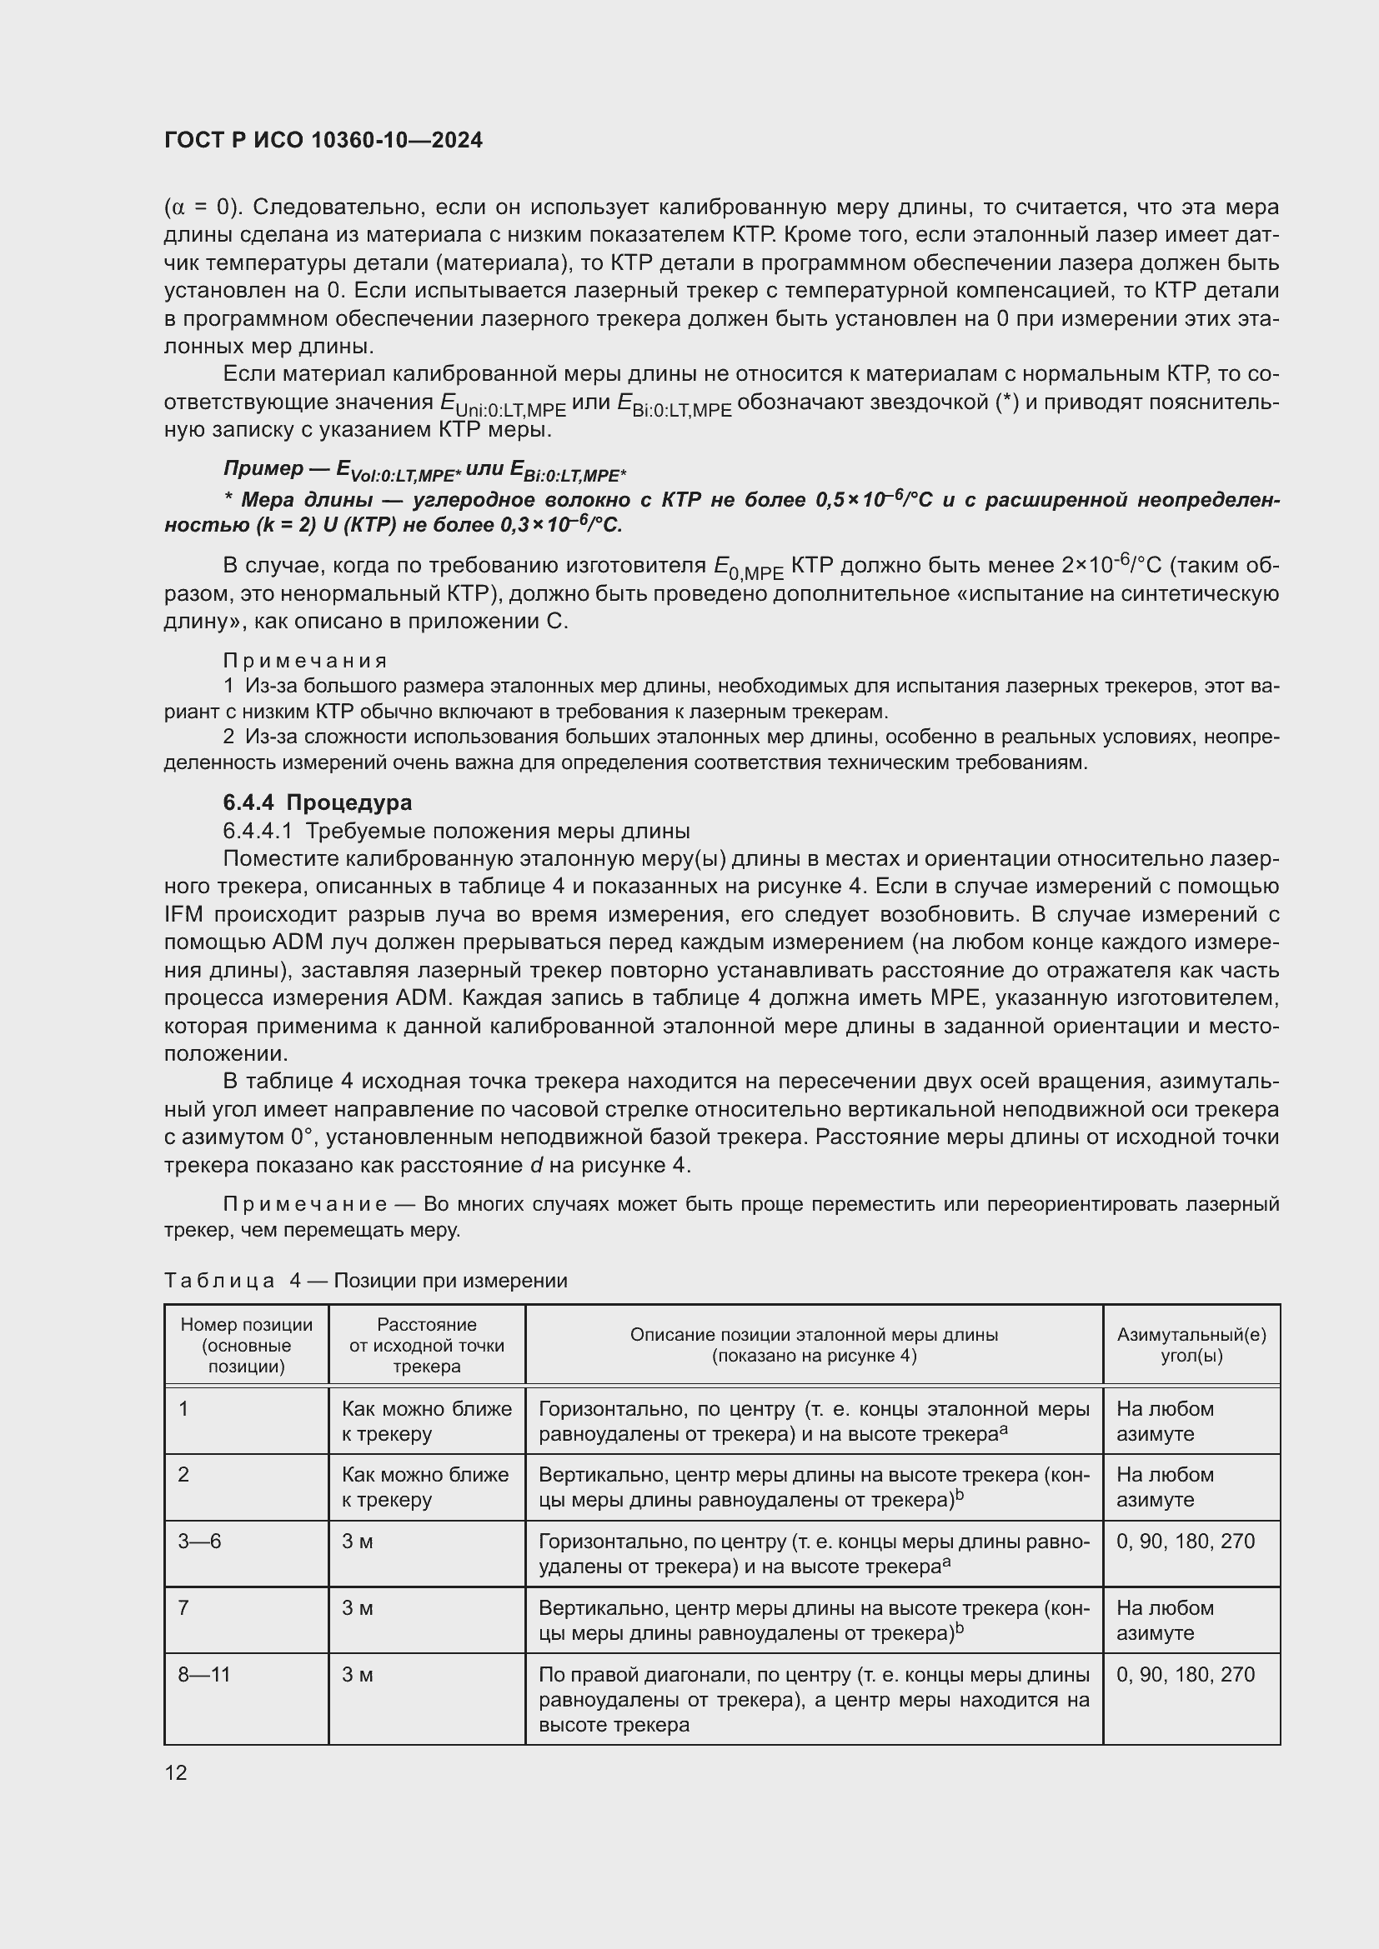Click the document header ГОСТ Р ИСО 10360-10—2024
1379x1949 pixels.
(323, 140)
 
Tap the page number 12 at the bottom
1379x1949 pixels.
(176, 1772)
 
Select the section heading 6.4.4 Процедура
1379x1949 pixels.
(318, 802)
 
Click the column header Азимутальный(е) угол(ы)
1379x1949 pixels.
(1191, 1345)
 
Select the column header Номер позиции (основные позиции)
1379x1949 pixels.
(246, 1346)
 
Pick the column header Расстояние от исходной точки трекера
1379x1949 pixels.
(426, 1346)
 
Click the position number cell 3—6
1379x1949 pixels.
(199, 1541)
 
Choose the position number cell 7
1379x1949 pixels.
(183, 1607)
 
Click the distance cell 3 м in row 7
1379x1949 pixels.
(358, 1607)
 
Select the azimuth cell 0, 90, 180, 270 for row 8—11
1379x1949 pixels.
(1185, 1675)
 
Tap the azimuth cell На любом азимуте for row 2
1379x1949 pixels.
(1164, 1487)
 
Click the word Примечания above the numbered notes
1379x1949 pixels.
(305, 662)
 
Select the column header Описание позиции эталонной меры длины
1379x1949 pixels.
(813, 1345)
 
